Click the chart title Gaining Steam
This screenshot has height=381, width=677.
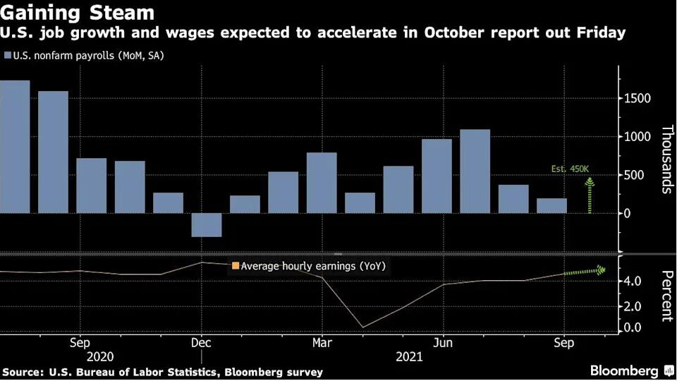tap(78, 13)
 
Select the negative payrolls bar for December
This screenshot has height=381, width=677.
tap(207, 225)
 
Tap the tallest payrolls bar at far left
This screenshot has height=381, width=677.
tap(15, 146)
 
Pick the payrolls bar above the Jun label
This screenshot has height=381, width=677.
tap(437, 176)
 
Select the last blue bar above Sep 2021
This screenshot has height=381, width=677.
tap(551, 205)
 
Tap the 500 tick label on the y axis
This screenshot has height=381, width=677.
tap(634, 175)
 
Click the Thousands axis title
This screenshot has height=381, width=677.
tap(666, 159)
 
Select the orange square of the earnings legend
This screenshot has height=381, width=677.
tap(236, 266)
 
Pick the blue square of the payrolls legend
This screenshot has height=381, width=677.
tap(7, 55)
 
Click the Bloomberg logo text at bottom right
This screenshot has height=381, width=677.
tap(623, 370)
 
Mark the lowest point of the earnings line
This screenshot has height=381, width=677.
tap(361, 327)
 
